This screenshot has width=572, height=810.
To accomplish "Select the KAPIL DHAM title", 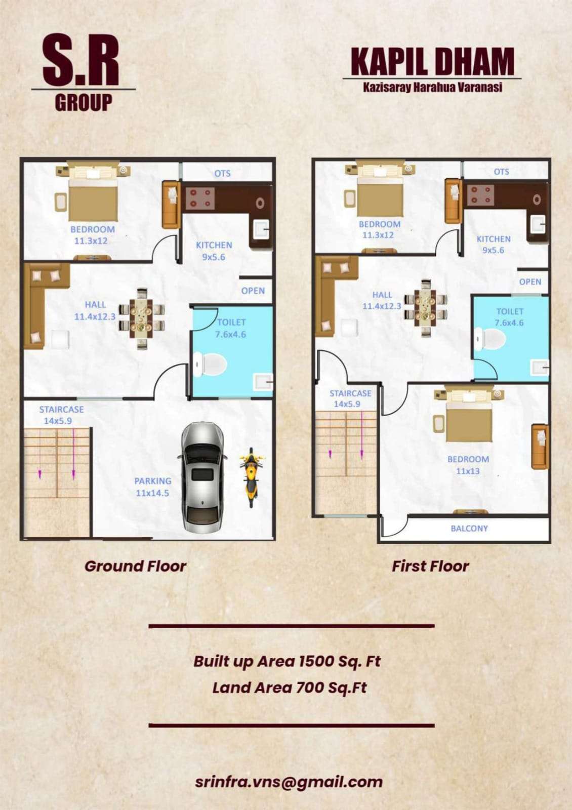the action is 432,61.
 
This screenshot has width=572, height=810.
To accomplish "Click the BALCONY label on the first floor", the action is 469,529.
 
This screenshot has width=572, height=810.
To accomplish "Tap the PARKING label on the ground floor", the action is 153,481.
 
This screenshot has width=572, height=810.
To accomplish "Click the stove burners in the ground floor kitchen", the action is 198,198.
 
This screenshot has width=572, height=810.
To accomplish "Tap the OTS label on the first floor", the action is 502,172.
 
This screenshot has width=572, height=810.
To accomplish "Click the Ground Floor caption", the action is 135,566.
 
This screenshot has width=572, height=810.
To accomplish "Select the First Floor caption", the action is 430,566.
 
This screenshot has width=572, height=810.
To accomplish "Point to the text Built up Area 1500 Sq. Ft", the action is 287,661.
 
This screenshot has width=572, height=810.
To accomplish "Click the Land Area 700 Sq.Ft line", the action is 289,687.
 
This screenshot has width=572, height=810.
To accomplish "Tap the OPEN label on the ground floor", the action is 253,291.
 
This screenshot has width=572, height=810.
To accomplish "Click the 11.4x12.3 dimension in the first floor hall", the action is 382,306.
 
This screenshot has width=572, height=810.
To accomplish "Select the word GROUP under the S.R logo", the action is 84,103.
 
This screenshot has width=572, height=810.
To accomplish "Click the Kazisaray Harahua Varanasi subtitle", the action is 433,88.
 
